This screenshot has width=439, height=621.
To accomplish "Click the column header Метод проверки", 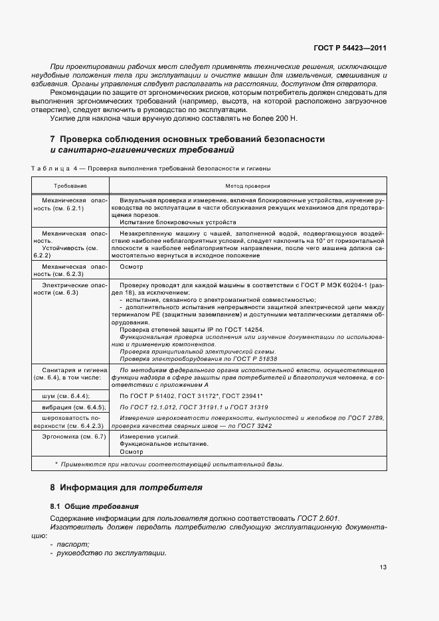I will coord(248,186).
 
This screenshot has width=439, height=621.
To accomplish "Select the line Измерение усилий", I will coord(140,436).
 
